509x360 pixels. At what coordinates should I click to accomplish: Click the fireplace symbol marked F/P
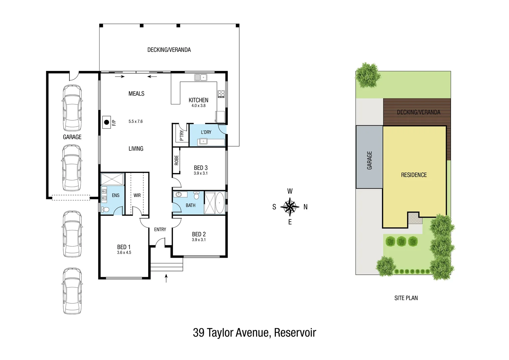(x=107, y=122)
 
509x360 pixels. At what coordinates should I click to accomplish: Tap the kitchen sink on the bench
(x=201, y=78)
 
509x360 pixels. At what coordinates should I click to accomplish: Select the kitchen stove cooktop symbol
(x=221, y=94)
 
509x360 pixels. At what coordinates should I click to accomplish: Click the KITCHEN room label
(x=198, y=100)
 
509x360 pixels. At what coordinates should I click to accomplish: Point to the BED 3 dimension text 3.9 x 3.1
(x=201, y=173)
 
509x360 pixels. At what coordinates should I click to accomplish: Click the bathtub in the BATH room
(x=220, y=203)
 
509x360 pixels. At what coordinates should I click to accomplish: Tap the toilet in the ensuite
(x=105, y=210)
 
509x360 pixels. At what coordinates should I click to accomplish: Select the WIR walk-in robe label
(x=137, y=195)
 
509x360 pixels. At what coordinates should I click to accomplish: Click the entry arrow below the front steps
(x=166, y=278)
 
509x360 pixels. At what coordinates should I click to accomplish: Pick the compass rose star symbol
(x=290, y=207)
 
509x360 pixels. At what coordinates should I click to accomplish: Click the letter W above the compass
(x=290, y=191)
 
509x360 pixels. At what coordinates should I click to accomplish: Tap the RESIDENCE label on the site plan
(x=414, y=175)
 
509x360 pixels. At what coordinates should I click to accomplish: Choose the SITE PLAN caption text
(x=406, y=298)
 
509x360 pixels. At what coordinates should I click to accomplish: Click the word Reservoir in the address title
(x=295, y=333)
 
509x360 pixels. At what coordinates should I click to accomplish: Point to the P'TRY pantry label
(x=182, y=135)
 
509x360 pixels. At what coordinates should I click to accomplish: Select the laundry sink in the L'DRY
(x=203, y=142)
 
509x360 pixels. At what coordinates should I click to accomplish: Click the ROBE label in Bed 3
(x=177, y=160)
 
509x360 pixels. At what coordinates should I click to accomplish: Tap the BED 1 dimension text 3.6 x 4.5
(x=124, y=253)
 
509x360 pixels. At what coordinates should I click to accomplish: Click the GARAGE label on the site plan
(x=369, y=160)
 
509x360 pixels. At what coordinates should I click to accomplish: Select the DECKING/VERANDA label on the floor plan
(x=169, y=50)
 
